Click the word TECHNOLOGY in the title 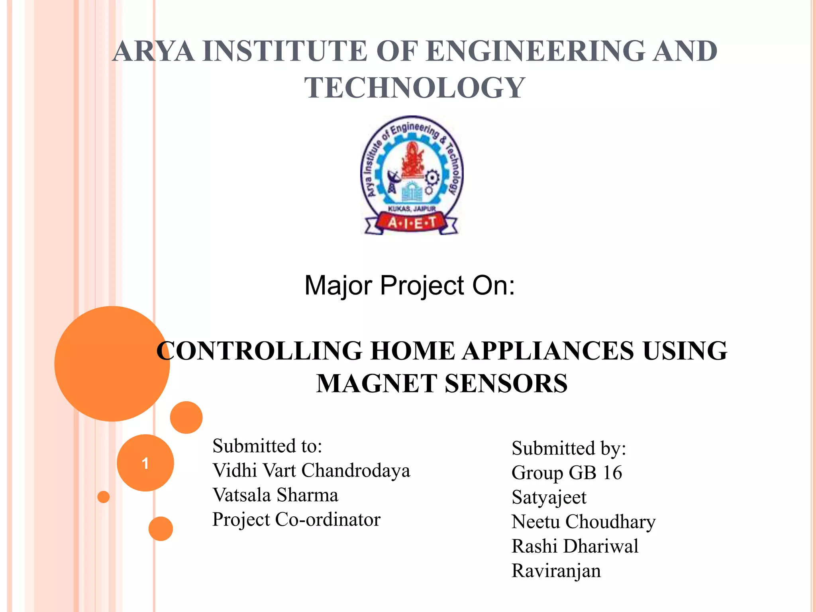pos(415,88)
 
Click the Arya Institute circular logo pos(412,175)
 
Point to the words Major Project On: pos(410,285)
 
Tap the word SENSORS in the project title pos(506,383)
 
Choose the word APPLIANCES pos(548,351)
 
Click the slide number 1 pos(145,463)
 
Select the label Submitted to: pos(267,446)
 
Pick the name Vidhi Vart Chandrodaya pos(311,471)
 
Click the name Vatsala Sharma pos(275,495)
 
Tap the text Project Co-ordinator pos(296,520)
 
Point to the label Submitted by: pos(569,448)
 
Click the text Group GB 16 pos(567,473)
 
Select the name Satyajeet pos(549,497)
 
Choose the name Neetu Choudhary pos(583,522)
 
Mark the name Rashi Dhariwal pos(575,546)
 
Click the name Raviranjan pos(556,571)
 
